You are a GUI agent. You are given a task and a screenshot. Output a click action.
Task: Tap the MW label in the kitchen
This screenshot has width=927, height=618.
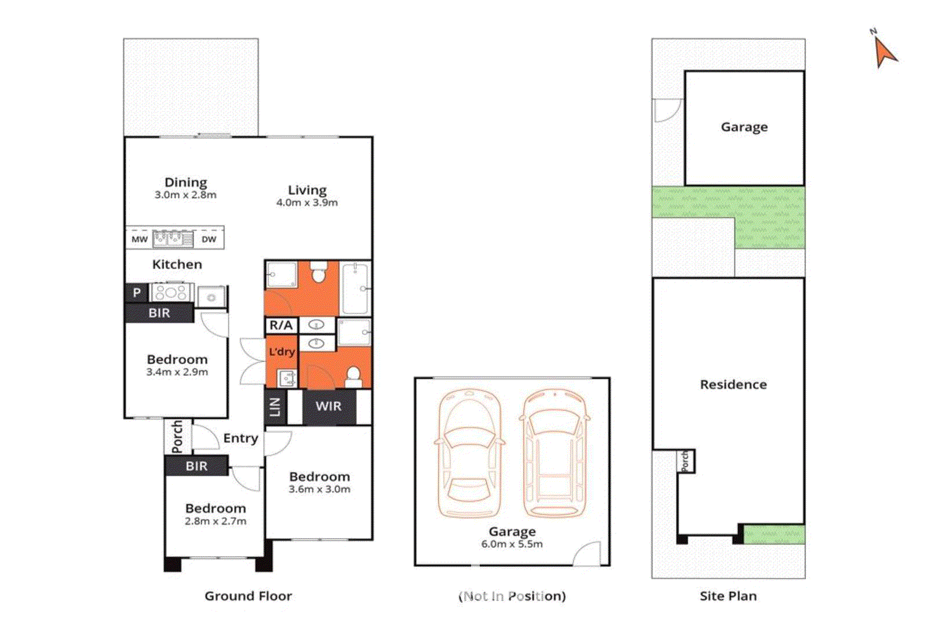(x=140, y=239)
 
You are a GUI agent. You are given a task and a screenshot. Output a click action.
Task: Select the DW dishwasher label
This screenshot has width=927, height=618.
(x=209, y=239)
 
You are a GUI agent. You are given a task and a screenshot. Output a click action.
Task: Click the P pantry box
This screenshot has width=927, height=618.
(x=137, y=292)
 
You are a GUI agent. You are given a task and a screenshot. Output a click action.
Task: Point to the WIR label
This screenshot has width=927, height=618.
(x=329, y=407)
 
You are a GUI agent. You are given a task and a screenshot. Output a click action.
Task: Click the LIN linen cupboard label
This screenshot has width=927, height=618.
(x=276, y=407)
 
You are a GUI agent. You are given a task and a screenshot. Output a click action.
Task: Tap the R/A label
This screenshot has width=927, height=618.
(x=281, y=326)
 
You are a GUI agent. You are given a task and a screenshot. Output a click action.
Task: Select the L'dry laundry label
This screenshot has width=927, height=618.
(x=282, y=352)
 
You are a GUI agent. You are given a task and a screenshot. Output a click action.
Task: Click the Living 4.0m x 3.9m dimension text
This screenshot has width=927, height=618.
(x=307, y=203)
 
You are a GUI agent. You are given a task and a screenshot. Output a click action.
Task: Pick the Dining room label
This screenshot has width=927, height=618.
(x=185, y=182)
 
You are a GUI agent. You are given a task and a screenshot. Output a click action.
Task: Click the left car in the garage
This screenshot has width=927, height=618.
(x=468, y=454)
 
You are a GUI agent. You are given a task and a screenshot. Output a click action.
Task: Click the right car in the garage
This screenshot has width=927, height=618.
(x=554, y=454)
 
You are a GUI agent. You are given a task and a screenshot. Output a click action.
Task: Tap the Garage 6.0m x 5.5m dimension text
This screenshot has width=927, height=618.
(x=512, y=544)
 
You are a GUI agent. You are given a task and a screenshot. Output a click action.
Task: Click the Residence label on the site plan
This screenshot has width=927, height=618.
(x=733, y=385)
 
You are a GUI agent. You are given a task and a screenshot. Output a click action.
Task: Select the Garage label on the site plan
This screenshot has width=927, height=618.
(x=744, y=127)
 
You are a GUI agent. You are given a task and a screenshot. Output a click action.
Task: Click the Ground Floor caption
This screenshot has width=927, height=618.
(x=248, y=596)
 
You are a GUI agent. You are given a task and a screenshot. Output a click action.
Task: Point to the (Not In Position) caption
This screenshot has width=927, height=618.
(x=512, y=596)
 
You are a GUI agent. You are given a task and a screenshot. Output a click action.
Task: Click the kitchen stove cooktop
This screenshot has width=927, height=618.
(x=171, y=292)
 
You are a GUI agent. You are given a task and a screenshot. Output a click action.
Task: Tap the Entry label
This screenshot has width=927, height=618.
(x=240, y=438)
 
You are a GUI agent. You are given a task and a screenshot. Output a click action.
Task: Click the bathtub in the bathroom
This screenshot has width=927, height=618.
(x=355, y=288)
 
